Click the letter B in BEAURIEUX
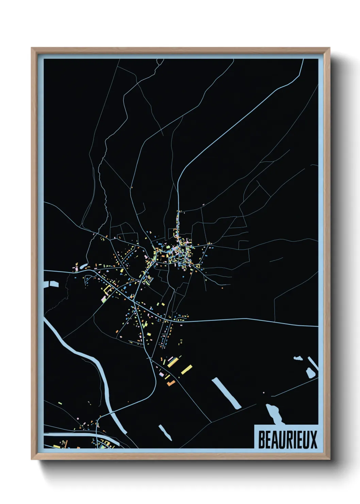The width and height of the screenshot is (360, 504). pyautogui.click(x=262, y=440)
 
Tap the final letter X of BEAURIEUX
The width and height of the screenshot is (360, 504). pyautogui.click(x=313, y=440)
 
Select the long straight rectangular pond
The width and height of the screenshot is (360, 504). pyautogui.click(x=226, y=393)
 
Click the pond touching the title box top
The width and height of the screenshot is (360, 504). pyautogui.click(x=275, y=414)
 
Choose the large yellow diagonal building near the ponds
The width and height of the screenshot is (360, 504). pyautogui.click(x=186, y=369)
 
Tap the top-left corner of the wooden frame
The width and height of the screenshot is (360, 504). pyautogui.click(x=33, y=49)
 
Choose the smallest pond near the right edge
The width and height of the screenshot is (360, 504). pyautogui.click(x=298, y=358)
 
